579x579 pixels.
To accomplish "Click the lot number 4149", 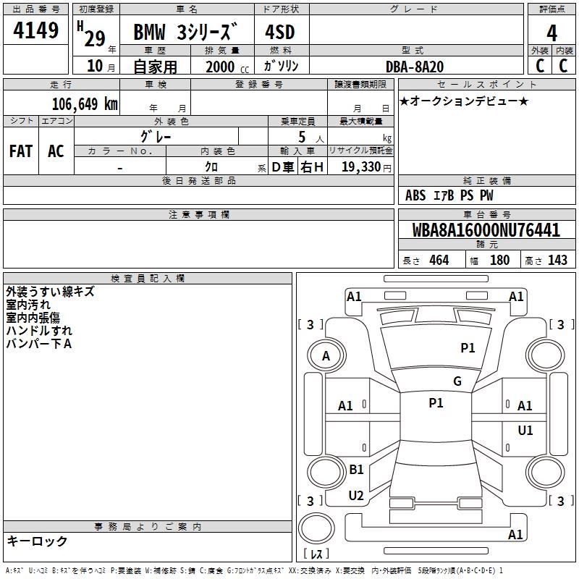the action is click(x=35, y=30).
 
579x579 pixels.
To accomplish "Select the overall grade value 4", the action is click(x=551, y=33).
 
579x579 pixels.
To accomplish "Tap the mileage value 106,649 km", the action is click(x=85, y=103).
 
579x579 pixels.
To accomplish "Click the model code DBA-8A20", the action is click(x=414, y=67).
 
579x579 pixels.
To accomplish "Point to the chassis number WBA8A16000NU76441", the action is click(x=486, y=230).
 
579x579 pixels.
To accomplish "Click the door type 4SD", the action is click(x=280, y=32).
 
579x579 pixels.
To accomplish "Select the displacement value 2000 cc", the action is click(x=227, y=67).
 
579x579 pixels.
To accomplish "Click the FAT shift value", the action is click(x=21, y=151).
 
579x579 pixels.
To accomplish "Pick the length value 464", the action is click(x=439, y=260).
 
